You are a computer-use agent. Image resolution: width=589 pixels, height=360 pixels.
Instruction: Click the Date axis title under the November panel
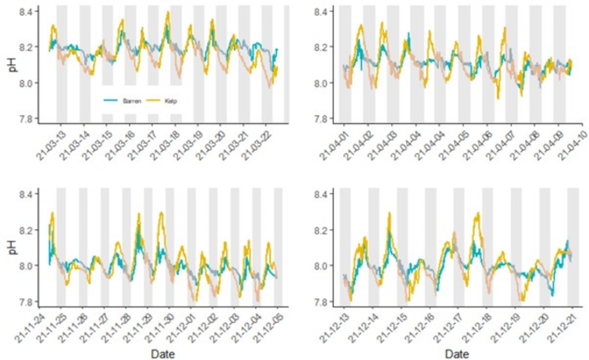click(163, 351)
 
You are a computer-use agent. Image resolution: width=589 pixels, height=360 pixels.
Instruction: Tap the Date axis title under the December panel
click(457, 351)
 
